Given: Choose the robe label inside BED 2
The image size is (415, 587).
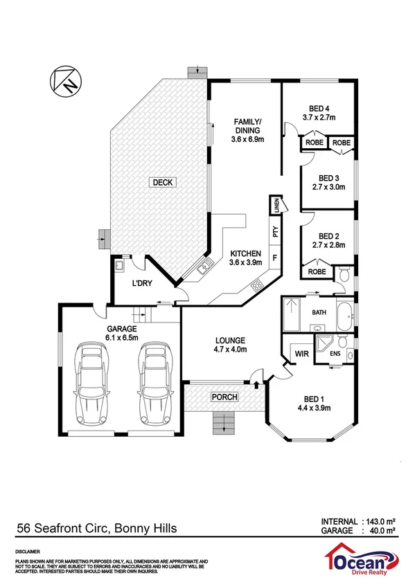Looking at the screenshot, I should pos(317,272).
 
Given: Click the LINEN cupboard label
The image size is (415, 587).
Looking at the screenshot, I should pos(276,205).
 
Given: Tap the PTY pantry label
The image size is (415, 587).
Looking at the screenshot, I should pos(275,233).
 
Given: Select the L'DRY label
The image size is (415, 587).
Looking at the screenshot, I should pos(142,283).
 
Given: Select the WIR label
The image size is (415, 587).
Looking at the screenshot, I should pos(301,354).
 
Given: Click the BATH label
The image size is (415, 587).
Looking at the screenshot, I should pos(319,312).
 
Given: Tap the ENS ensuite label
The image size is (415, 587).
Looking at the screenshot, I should pos(335,354).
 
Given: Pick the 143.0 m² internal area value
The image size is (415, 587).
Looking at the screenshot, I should pos(378,521).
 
